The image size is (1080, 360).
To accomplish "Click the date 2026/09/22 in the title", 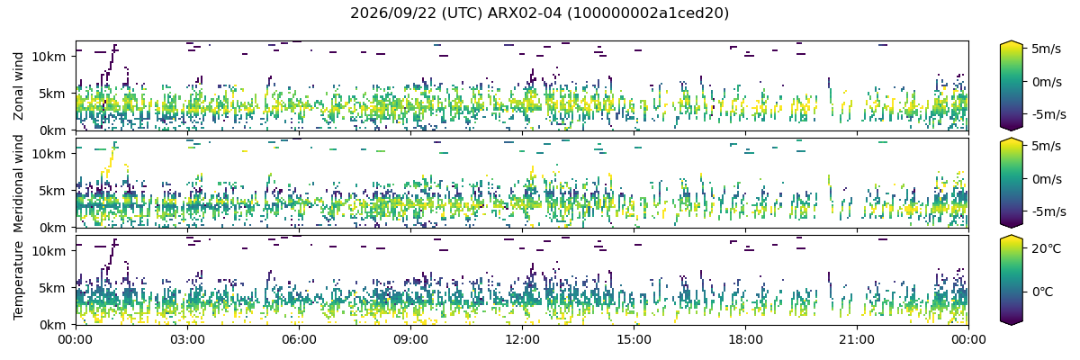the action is tap(393, 13).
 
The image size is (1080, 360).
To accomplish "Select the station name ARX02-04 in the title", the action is tap(525, 13).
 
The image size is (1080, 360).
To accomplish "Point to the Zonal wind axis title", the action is tap(18, 86).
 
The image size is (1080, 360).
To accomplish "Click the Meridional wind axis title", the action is tap(18, 183).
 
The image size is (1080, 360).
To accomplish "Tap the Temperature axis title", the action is tap(18, 281).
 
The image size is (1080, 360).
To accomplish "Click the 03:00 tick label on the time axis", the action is tap(187, 340).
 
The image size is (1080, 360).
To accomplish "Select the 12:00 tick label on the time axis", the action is tap(522, 340).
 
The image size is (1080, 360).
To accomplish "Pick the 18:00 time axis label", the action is tap(745, 340).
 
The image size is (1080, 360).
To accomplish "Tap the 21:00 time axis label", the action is tap(857, 340).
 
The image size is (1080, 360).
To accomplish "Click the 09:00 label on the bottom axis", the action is tap(410, 340).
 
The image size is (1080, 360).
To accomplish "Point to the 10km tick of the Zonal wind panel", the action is tap(49, 57).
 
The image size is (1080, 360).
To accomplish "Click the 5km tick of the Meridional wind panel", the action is tap(52, 191).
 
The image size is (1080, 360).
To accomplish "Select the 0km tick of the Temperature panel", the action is tap(52, 325).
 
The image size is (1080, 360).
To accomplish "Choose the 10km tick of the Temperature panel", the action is tap(49, 251).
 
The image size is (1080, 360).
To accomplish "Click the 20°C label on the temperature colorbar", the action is tap(1046, 248).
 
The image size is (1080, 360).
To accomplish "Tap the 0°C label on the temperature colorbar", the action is tap(1043, 292).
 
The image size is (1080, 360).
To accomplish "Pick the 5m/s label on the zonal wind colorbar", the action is tap(1046, 49).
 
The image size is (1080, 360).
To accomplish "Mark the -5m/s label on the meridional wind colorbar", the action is tap(1049, 211).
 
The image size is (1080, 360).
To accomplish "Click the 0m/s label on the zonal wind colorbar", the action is tap(1047, 82).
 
